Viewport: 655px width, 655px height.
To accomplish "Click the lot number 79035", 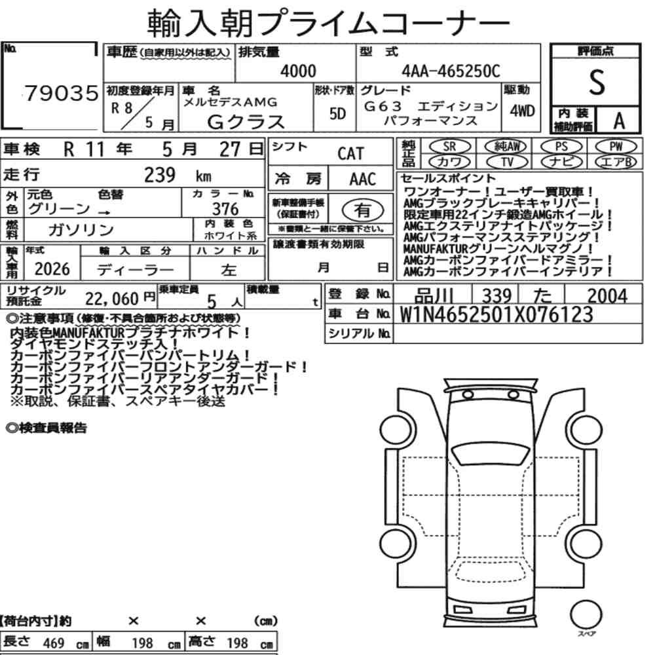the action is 62,93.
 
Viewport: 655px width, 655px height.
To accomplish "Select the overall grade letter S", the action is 597,82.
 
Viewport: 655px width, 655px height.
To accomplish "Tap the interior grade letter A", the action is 619,121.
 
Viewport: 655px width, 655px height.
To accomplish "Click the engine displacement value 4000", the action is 298,71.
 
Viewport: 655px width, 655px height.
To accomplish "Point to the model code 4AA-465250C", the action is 451,71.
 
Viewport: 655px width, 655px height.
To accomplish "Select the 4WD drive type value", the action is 522,111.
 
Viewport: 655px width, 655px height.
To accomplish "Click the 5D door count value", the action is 337,113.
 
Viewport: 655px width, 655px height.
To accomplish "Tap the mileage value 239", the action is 160,175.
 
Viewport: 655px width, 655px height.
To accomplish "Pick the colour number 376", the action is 225,209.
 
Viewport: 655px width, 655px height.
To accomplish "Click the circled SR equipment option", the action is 449,147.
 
